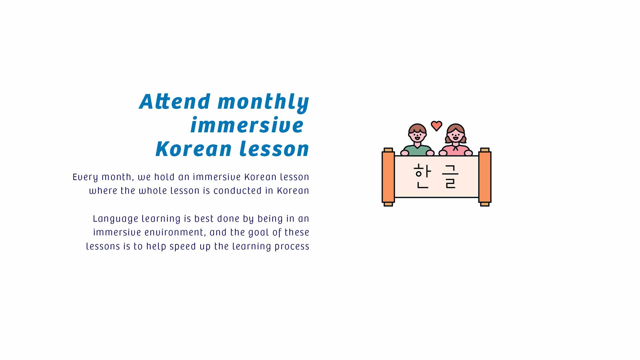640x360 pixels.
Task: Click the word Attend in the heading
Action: [x=175, y=101]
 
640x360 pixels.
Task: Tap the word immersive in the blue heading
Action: [x=247, y=125]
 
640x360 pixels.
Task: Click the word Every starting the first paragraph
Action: [x=85, y=177]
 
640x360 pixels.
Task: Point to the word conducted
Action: [x=237, y=191]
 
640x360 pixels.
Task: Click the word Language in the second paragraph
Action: [x=115, y=219]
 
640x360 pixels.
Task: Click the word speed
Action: [x=183, y=247]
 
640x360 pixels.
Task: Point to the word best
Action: [x=204, y=219]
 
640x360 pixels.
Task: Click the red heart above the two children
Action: [x=436, y=126]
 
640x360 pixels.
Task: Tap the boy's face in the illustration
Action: [x=417, y=135]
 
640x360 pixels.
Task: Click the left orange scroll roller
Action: [x=388, y=177]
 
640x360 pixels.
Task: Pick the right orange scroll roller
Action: [x=485, y=177]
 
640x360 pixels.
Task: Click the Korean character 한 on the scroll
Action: [x=422, y=176]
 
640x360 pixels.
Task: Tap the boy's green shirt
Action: [x=417, y=151]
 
